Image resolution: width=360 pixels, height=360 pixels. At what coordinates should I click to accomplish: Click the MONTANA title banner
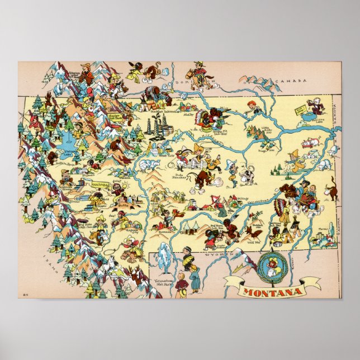tap(272, 291)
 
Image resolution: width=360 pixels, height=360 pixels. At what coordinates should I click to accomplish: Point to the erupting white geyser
tap(164, 252)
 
